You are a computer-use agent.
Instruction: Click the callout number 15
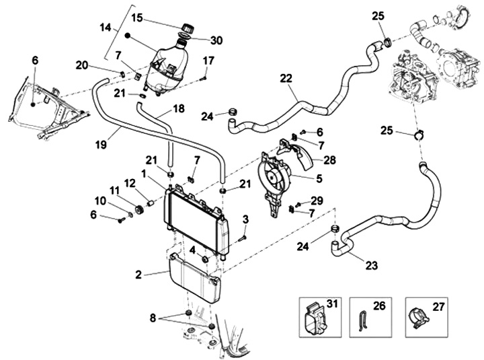click(x=137, y=17)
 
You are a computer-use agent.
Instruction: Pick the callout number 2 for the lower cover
click(x=138, y=274)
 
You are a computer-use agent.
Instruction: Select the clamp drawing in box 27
click(x=419, y=316)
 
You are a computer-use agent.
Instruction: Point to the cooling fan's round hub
click(x=276, y=178)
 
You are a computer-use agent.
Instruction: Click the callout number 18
click(x=179, y=108)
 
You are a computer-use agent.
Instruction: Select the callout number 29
click(x=318, y=201)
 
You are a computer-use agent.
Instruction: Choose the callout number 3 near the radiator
click(x=246, y=219)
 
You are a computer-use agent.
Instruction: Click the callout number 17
click(x=208, y=61)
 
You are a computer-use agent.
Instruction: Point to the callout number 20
click(x=82, y=65)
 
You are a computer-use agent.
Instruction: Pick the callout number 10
click(x=99, y=201)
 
